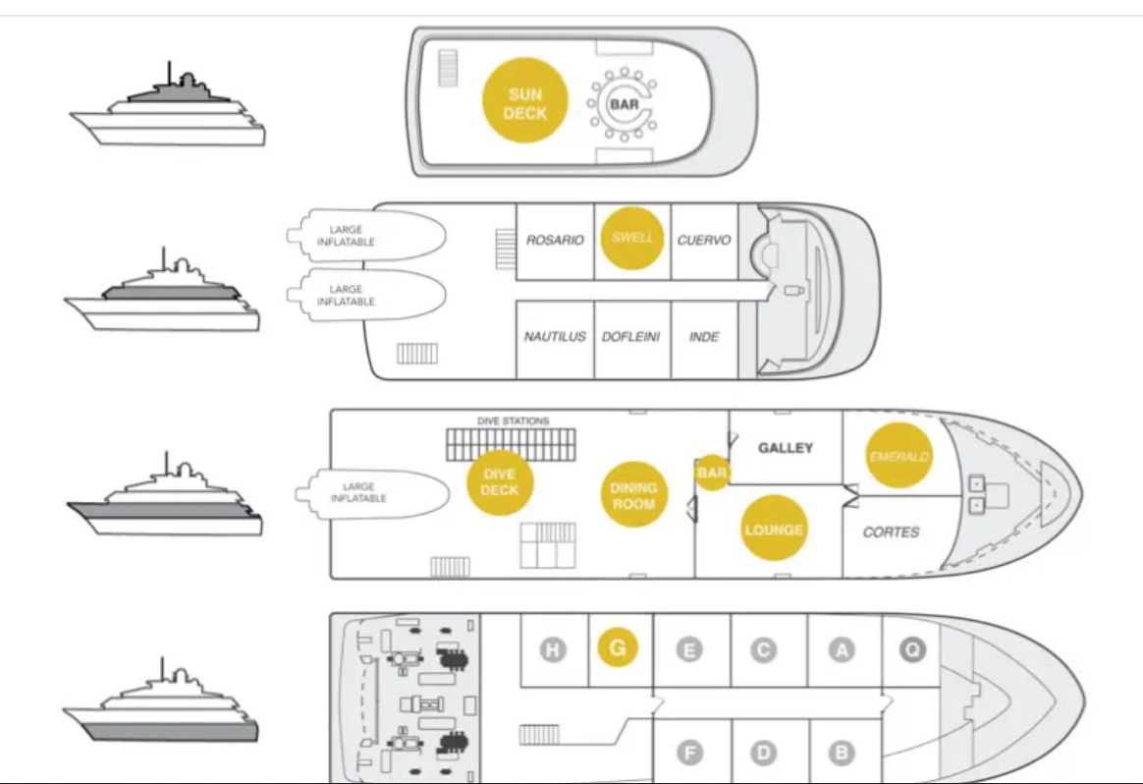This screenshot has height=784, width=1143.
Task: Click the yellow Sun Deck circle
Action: coord(524,100)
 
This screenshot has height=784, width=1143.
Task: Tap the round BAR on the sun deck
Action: coord(624,103)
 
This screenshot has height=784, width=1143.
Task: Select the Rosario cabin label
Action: coord(555,240)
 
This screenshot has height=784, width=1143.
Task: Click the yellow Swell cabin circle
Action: coord(632,238)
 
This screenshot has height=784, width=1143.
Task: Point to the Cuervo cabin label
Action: coord(703,240)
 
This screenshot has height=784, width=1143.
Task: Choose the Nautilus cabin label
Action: coord(555,337)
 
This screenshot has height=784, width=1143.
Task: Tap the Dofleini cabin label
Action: coord(630,337)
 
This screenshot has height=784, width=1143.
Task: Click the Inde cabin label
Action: coord(704,337)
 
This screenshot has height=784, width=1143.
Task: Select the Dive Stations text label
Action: coord(514,420)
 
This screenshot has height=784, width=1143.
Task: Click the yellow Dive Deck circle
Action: coord(500,482)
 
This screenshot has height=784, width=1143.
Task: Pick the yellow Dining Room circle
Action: coord(633,495)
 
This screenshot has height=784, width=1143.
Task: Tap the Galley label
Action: coord(786,448)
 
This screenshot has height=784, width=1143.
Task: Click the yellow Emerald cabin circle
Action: coord(898,456)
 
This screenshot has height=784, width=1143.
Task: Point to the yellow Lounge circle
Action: coord(774,529)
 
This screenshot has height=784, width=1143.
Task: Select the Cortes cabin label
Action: coord(891,532)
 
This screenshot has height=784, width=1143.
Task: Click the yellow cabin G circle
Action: coord(618,647)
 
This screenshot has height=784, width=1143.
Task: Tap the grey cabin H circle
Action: coord(553,649)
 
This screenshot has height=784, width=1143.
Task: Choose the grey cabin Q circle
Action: coord(912,649)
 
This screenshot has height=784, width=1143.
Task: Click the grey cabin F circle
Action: coord(689,753)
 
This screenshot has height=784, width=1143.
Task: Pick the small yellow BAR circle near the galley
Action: coord(712,473)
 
